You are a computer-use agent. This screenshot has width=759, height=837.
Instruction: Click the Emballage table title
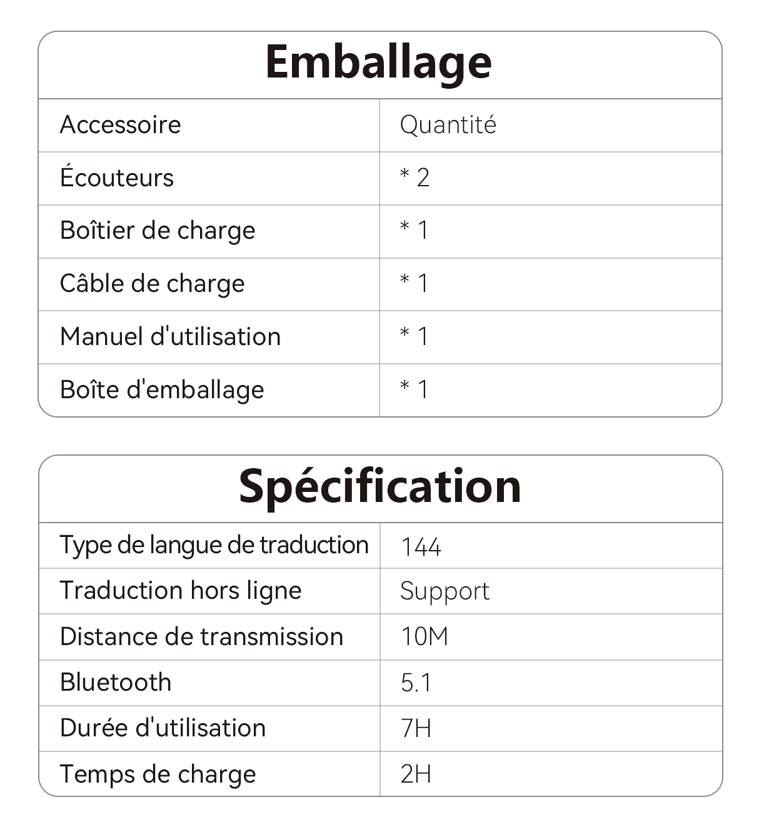click(x=378, y=63)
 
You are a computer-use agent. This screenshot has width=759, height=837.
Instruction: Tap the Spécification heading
click(x=379, y=486)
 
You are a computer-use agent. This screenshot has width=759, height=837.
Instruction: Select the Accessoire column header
click(x=120, y=125)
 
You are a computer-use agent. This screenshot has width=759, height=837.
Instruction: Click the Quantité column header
click(x=448, y=125)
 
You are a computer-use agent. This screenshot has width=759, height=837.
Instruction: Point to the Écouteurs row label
click(x=117, y=178)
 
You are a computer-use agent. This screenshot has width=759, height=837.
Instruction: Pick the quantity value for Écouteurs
click(x=415, y=178)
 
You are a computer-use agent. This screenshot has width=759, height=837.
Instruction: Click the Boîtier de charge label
click(x=158, y=231)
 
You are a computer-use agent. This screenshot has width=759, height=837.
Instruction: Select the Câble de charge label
click(x=152, y=284)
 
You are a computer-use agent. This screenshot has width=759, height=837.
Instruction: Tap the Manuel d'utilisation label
click(x=170, y=337)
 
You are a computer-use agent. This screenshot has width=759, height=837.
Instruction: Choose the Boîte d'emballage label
click(x=162, y=390)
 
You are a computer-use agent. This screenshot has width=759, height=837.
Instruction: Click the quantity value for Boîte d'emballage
click(x=415, y=390)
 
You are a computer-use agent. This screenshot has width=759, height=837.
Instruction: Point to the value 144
click(x=421, y=547)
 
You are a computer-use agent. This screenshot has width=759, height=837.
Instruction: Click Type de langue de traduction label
click(x=214, y=545)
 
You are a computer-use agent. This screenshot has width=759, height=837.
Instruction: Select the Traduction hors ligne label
click(x=181, y=591)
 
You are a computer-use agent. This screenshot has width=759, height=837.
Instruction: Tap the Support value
click(x=445, y=591)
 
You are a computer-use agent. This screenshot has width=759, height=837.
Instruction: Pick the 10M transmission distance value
click(x=425, y=637)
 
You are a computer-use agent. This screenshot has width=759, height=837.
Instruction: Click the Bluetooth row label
click(x=116, y=683)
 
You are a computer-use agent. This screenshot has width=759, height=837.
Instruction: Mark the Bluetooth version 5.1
click(x=416, y=683)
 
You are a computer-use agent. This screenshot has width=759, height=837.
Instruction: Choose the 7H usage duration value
click(x=416, y=729)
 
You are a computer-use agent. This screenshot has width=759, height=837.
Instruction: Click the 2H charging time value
click(x=416, y=774)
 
